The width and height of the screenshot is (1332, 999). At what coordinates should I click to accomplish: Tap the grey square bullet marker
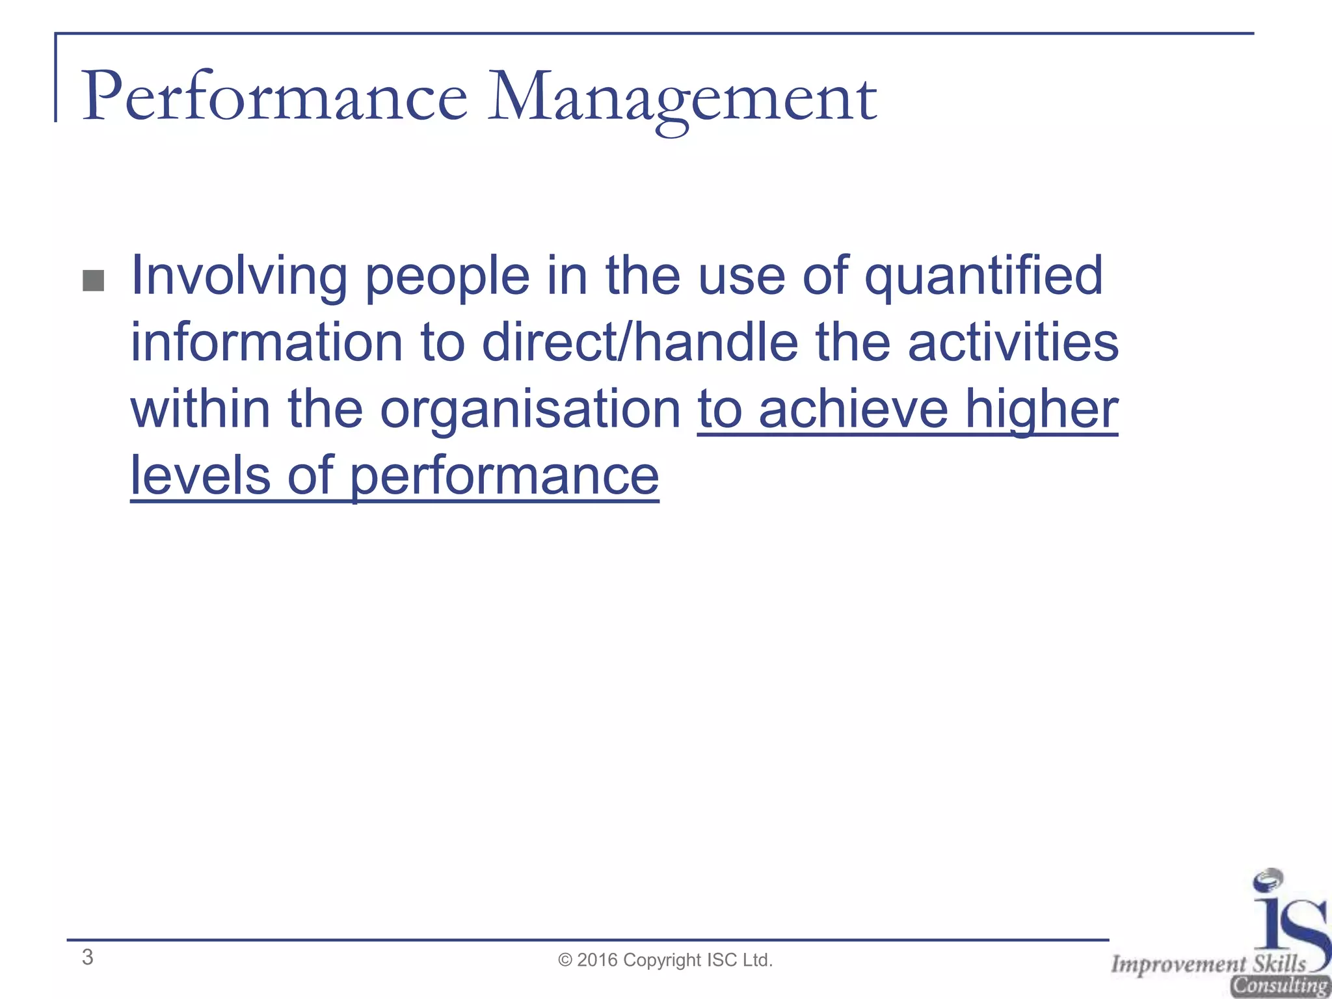click(94, 281)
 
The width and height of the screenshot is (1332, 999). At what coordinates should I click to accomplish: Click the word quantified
click(983, 277)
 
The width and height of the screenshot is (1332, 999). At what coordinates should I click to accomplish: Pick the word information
click(267, 343)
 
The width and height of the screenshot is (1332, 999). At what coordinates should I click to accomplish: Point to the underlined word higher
click(1041, 411)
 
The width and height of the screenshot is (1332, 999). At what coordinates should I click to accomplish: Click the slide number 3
click(88, 957)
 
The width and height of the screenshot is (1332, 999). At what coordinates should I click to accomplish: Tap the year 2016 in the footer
click(597, 960)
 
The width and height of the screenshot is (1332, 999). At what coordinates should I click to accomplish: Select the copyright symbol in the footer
click(565, 961)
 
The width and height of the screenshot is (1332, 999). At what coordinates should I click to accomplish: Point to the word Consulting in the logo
click(1279, 986)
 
